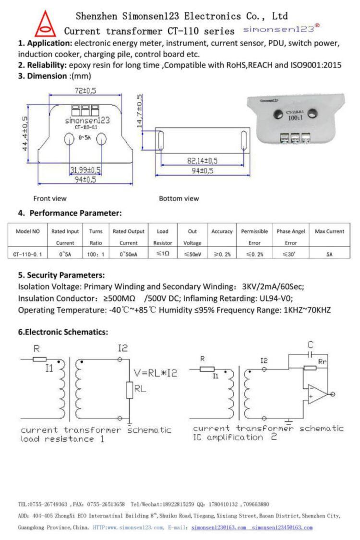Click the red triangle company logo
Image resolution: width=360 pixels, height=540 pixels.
click(x=47, y=24)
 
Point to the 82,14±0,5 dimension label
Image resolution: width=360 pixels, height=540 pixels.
click(x=202, y=160)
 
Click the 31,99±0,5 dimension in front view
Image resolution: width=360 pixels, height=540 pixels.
click(x=85, y=170)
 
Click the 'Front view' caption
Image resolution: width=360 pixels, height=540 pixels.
click(x=50, y=198)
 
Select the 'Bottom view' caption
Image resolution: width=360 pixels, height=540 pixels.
click(x=179, y=198)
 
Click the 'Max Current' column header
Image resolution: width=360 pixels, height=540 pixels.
click(x=329, y=231)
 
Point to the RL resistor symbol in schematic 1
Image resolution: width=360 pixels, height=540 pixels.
click(x=129, y=390)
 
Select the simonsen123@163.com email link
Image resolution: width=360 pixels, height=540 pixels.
click(x=218, y=528)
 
